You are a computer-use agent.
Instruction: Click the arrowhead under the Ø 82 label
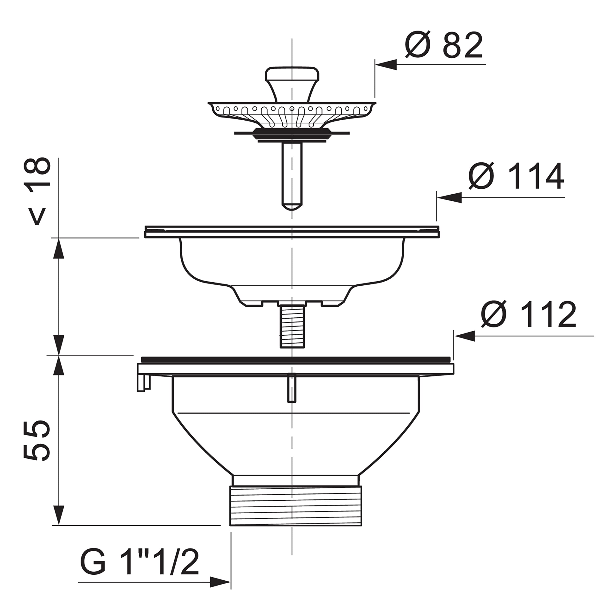(386, 65)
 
